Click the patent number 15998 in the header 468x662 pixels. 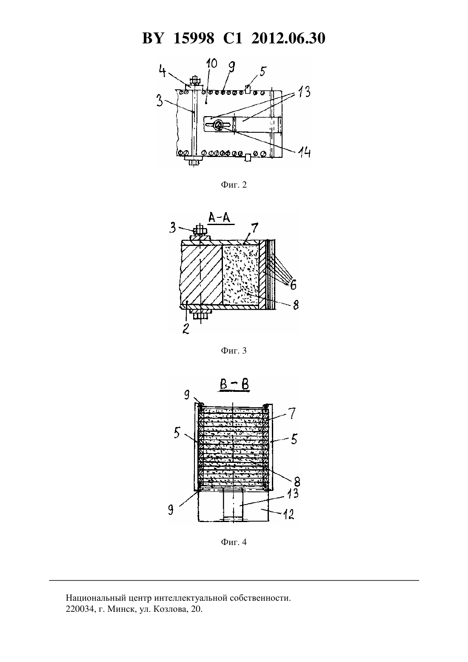coord(194,38)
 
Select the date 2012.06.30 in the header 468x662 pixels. coord(288,38)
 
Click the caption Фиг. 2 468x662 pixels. coord(234,185)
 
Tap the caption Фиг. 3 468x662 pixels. coord(234,351)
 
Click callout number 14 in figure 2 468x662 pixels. coord(303,152)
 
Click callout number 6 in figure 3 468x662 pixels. coord(293,284)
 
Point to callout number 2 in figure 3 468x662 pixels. coord(186,328)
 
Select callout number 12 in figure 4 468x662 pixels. coord(288,515)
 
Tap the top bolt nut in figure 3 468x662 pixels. coord(200,230)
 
